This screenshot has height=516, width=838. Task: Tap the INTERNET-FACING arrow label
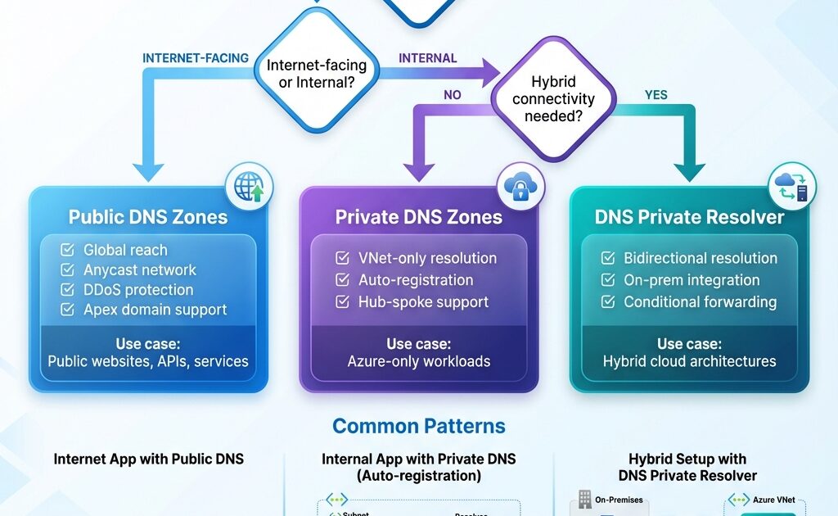pyautogui.click(x=196, y=58)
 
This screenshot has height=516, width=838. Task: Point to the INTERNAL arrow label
pyautogui.click(x=427, y=58)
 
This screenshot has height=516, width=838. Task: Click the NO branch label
pyautogui.click(x=453, y=95)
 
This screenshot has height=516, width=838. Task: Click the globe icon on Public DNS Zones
pyautogui.click(x=249, y=186)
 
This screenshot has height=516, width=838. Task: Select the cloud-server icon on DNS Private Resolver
pyautogui.click(x=792, y=187)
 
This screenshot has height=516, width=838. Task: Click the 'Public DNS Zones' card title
pyautogui.click(x=148, y=217)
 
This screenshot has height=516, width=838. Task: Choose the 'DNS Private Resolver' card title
pyautogui.click(x=689, y=217)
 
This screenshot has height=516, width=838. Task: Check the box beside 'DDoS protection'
pyautogui.click(x=68, y=290)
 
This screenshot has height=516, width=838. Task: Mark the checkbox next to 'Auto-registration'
pyautogui.click(x=342, y=280)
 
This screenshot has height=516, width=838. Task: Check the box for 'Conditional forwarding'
pyautogui.click(x=608, y=301)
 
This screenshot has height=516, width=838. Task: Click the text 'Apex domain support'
pyautogui.click(x=155, y=310)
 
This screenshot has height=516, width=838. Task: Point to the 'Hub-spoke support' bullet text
pyautogui.click(x=423, y=301)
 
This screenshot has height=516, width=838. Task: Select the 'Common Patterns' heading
pyautogui.click(x=418, y=426)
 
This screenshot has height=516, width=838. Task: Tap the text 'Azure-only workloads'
pyautogui.click(x=418, y=361)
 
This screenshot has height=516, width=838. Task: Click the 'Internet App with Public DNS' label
pyautogui.click(x=148, y=459)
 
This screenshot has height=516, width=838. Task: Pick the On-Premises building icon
pyautogui.click(x=585, y=499)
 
